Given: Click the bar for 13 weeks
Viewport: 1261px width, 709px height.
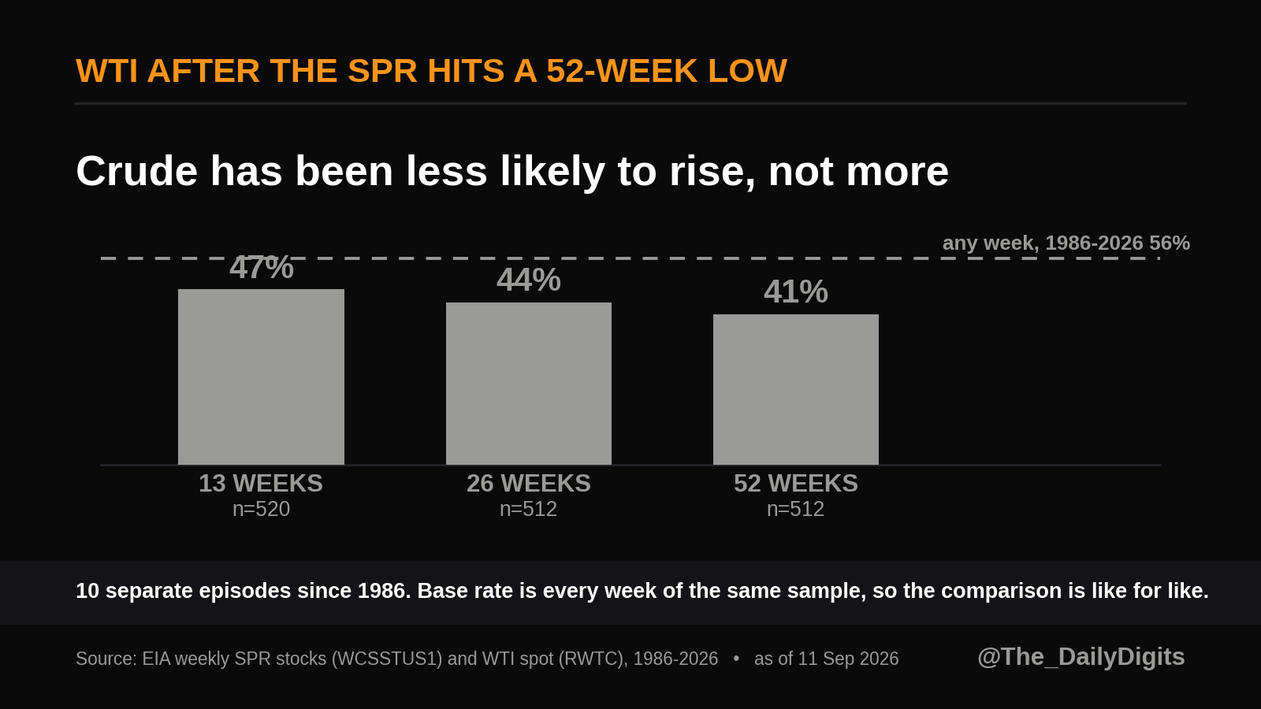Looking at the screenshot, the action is [261, 377].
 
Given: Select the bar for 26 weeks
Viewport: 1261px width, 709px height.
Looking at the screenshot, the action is [529, 384].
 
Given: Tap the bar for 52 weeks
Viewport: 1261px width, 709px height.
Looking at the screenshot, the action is [796, 389].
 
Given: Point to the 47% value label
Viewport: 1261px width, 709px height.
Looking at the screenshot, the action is [262, 267].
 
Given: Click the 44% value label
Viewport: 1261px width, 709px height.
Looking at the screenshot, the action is [529, 280].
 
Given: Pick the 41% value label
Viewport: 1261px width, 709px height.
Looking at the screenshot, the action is [796, 291].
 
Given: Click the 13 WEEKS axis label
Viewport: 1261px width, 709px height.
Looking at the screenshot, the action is [261, 484].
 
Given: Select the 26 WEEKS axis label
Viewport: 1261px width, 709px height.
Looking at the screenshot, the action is [529, 484].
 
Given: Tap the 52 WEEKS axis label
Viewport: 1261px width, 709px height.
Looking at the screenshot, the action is [796, 484].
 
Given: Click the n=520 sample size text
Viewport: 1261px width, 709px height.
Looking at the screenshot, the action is [261, 509].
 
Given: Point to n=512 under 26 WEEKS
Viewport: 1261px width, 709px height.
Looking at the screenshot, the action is [529, 509].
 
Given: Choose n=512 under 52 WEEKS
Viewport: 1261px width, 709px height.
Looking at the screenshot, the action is [795, 509].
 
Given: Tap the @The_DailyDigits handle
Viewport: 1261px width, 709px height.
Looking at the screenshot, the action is [1081, 657].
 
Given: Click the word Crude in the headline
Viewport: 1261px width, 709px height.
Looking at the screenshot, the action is [137, 171].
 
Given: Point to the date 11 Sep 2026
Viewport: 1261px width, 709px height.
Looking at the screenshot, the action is [848, 659].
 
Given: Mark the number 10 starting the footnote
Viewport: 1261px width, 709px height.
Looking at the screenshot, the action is [87, 591].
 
